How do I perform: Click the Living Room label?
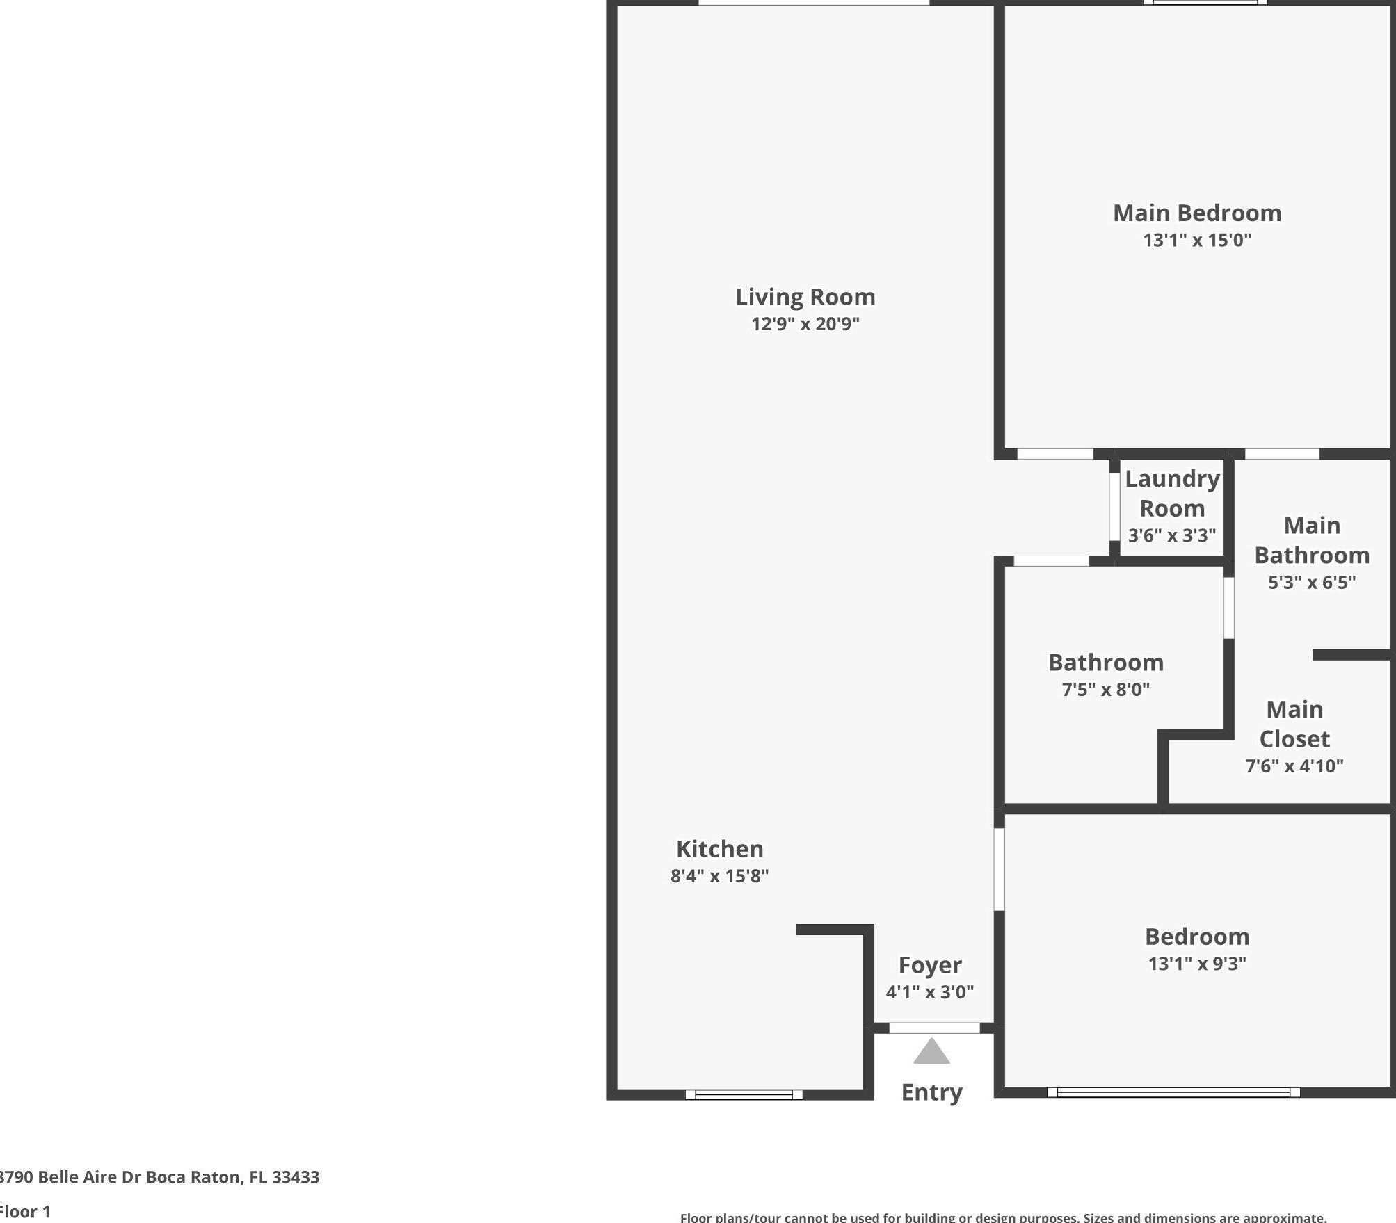(x=805, y=297)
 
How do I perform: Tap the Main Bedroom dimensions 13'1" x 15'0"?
(x=1196, y=240)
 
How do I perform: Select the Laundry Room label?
(x=1172, y=493)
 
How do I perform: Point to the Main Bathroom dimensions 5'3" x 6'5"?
(x=1311, y=582)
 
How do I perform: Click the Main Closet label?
(x=1294, y=724)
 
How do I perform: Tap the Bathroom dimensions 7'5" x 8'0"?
(x=1105, y=689)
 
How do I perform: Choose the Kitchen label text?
(x=719, y=848)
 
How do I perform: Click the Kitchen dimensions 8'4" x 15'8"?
(x=719, y=875)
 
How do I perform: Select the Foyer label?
(x=929, y=964)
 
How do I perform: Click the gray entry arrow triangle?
(x=931, y=1052)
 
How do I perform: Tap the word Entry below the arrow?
(x=931, y=1092)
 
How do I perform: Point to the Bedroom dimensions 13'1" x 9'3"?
(x=1196, y=963)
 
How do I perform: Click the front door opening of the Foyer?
(x=934, y=1028)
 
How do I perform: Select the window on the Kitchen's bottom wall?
(x=744, y=1094)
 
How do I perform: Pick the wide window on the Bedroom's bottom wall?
(x=1173, y=1092)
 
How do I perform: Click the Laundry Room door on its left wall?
(x=1114, y=506)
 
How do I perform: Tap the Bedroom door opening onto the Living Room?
(x=999, y=869)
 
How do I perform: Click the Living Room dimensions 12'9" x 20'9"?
(x=805, y=324)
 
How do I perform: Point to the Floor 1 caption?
(x=26, y=1211)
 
